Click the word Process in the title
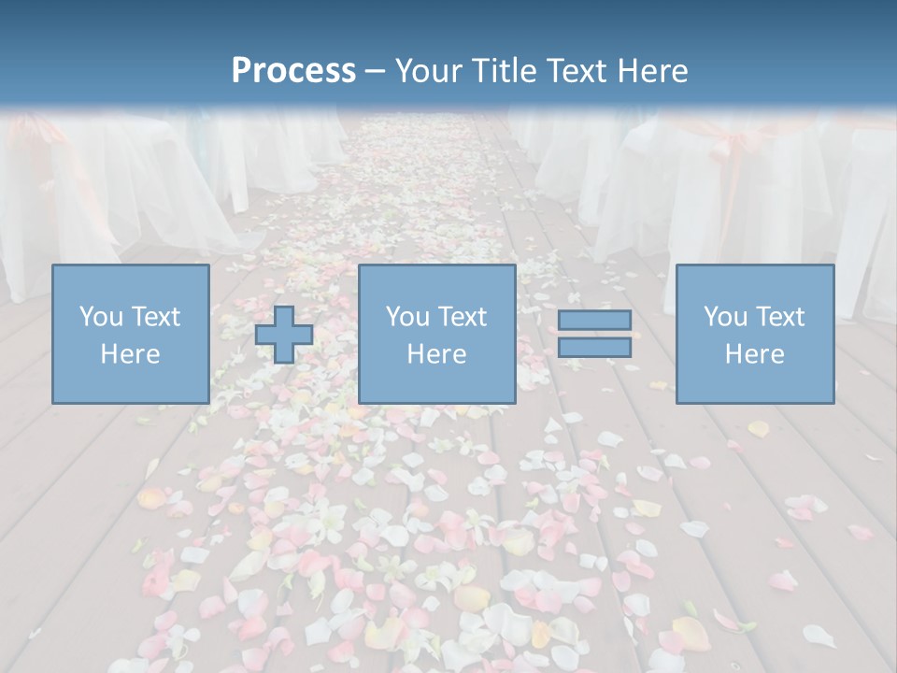point(293,71)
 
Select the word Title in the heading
point(505,71)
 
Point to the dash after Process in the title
point(376,72)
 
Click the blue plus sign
point(284,335)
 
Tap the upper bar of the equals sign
point(594,320)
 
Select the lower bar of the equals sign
point(594,348)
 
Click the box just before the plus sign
point(130,334)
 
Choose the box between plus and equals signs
point(436,334)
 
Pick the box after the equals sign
point(755,334)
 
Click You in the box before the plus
point(99,317)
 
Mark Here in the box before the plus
point(130,354)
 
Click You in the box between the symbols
point(406,317)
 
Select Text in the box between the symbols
point(461,317)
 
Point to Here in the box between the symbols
point(436,354)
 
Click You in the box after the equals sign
point(724,317)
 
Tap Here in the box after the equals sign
point(755,354)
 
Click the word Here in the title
point(653,71)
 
